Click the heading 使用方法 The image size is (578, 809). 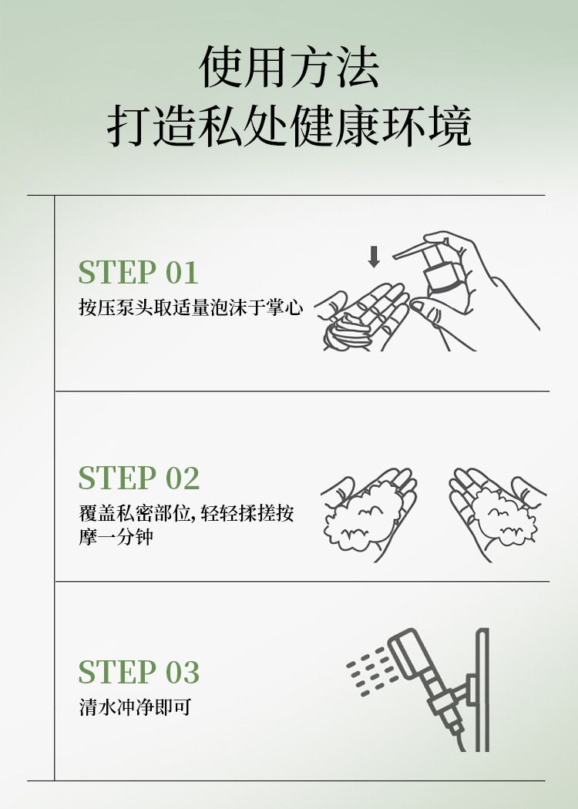pos(289,67)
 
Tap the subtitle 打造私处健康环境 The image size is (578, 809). pos(289,126)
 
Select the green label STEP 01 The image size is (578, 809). pos(138,272)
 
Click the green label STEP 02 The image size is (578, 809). pos(139,477)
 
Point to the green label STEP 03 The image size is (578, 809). pos(139,672)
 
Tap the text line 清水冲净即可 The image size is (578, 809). pos(135,707)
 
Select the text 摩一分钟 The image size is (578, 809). pos(116,536)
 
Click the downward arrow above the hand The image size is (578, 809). pos(374,257)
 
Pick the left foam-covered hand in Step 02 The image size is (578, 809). pos(369,513)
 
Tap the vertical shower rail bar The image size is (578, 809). pos(482,690)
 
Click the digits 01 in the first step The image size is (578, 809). pos(182,272)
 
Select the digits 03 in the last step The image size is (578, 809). pos(182,672)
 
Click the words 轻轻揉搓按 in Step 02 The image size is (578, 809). pos(247,513)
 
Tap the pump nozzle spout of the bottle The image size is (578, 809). pos(410,252)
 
